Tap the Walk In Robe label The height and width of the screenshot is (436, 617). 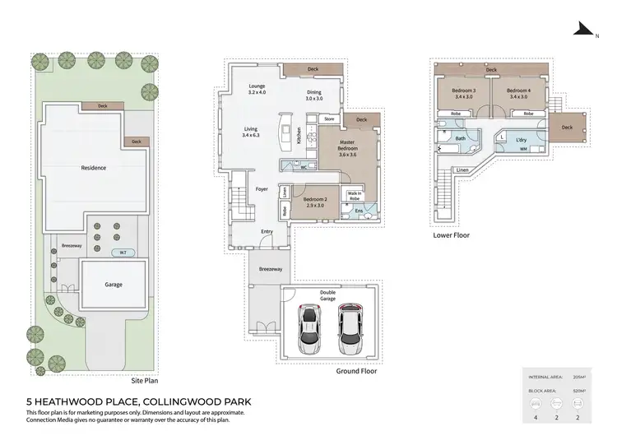pos(355,196)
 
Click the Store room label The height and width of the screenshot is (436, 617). pos(329,119)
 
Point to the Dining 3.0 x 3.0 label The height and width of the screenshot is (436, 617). pos(314,95)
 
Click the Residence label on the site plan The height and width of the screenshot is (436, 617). pos(93,168)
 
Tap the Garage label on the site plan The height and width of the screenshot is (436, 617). pos(113,284)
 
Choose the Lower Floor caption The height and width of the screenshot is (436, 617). pos(452,234)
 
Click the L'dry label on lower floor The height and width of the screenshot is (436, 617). pos(521,140)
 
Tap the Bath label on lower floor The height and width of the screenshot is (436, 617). pos(461,139)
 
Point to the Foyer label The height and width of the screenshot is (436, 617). pos(262,188)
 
